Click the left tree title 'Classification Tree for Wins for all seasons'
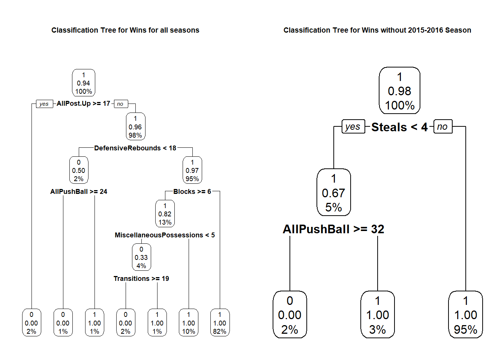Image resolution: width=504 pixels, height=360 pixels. click(x=125, y=30)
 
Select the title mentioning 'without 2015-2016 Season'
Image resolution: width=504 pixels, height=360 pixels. click(x=377, y=30)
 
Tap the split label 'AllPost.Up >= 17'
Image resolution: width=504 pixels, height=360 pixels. click(x=83, y=103)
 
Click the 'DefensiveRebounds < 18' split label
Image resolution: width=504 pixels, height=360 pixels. click(x=135, y=148)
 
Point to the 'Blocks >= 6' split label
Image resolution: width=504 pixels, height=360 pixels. click(x=192, y=192)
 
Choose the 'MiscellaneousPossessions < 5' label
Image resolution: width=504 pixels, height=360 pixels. click(x=165, y=235)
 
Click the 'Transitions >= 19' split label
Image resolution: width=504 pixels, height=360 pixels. click(x=141, y=279)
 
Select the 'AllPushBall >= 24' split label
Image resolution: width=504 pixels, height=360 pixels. click(x=79, y=192)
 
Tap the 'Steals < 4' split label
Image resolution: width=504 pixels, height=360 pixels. click(x=399, y=127)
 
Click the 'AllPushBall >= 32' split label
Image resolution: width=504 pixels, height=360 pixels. click(x=333, y=229)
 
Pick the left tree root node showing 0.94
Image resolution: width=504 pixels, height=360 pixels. click(x=84, y=83)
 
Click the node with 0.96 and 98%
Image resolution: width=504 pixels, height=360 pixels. click(x=135, y=127)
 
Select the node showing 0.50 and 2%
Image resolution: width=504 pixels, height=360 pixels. click(x=79, y=170)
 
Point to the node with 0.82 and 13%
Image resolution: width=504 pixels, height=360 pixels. click(x=165, y=214)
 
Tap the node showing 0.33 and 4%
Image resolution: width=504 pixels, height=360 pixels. click(x=141, y=257)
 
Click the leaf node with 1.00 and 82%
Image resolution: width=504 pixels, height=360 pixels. click(x=220, y=323)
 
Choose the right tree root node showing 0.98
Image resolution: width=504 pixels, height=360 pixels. click(x=399, y=91)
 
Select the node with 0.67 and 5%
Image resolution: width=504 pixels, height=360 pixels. click(x=333, y=192)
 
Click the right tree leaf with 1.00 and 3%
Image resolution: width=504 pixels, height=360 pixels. click(x=378, y=315)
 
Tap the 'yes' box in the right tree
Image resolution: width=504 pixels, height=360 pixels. click(x=353, y=127)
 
